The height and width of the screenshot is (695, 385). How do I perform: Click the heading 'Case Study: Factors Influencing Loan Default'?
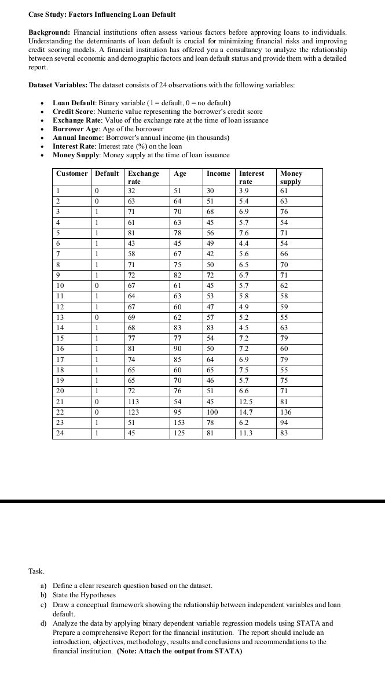coord(101,14)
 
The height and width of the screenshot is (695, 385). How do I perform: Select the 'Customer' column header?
coord(72,173)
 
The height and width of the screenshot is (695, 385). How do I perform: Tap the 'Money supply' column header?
coord(291,177)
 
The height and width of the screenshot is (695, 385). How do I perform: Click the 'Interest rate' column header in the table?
coord(251,177)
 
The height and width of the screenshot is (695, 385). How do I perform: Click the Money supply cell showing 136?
coord(285,412)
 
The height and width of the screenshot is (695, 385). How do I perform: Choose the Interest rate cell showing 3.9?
coord(245,191)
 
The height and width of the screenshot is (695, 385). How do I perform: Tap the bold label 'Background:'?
coord(49,32)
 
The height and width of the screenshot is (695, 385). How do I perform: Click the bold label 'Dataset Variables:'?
coord(58,85)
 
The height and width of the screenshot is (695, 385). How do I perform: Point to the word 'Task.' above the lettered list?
coord(36,571)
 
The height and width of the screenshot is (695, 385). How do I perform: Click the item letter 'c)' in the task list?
coord(43,604)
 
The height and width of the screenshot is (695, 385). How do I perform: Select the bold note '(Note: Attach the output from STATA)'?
coord(179,651)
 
